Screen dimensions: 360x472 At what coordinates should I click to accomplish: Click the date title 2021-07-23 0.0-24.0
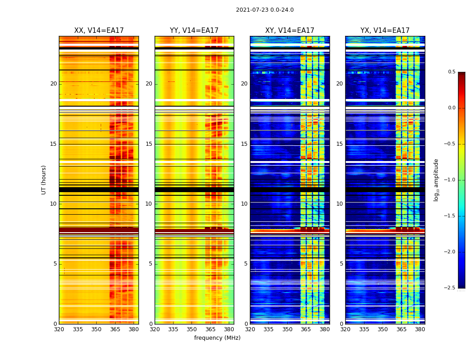tap(264, 10)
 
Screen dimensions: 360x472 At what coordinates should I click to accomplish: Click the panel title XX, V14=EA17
tap(99, 31)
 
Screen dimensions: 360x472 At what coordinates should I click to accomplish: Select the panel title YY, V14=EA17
tap(194, 31)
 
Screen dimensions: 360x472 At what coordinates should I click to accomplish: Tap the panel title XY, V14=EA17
tap(289, 31)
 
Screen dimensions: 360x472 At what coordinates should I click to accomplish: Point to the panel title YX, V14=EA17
tap(385, 31)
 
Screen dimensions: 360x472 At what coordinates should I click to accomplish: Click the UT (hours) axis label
tap(44, 180)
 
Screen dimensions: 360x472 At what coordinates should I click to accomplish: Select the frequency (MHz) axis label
tap(217, 338)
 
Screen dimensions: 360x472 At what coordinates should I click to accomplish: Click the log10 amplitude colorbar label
tap(436, 180)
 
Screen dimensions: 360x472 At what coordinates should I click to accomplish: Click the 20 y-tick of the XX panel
tap(53, 84)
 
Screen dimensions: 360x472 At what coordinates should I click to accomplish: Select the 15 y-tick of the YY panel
tap(149, 144)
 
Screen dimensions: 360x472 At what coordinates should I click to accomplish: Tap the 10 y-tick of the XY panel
tap(245, 204)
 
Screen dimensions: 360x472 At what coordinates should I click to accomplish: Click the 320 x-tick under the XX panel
tap(59, 329)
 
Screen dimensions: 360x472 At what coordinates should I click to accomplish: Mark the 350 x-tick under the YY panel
tap(192, 329)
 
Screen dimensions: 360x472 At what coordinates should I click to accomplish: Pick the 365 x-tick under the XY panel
tap(306, 329)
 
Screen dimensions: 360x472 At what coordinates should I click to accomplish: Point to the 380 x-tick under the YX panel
tap(420, 329)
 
